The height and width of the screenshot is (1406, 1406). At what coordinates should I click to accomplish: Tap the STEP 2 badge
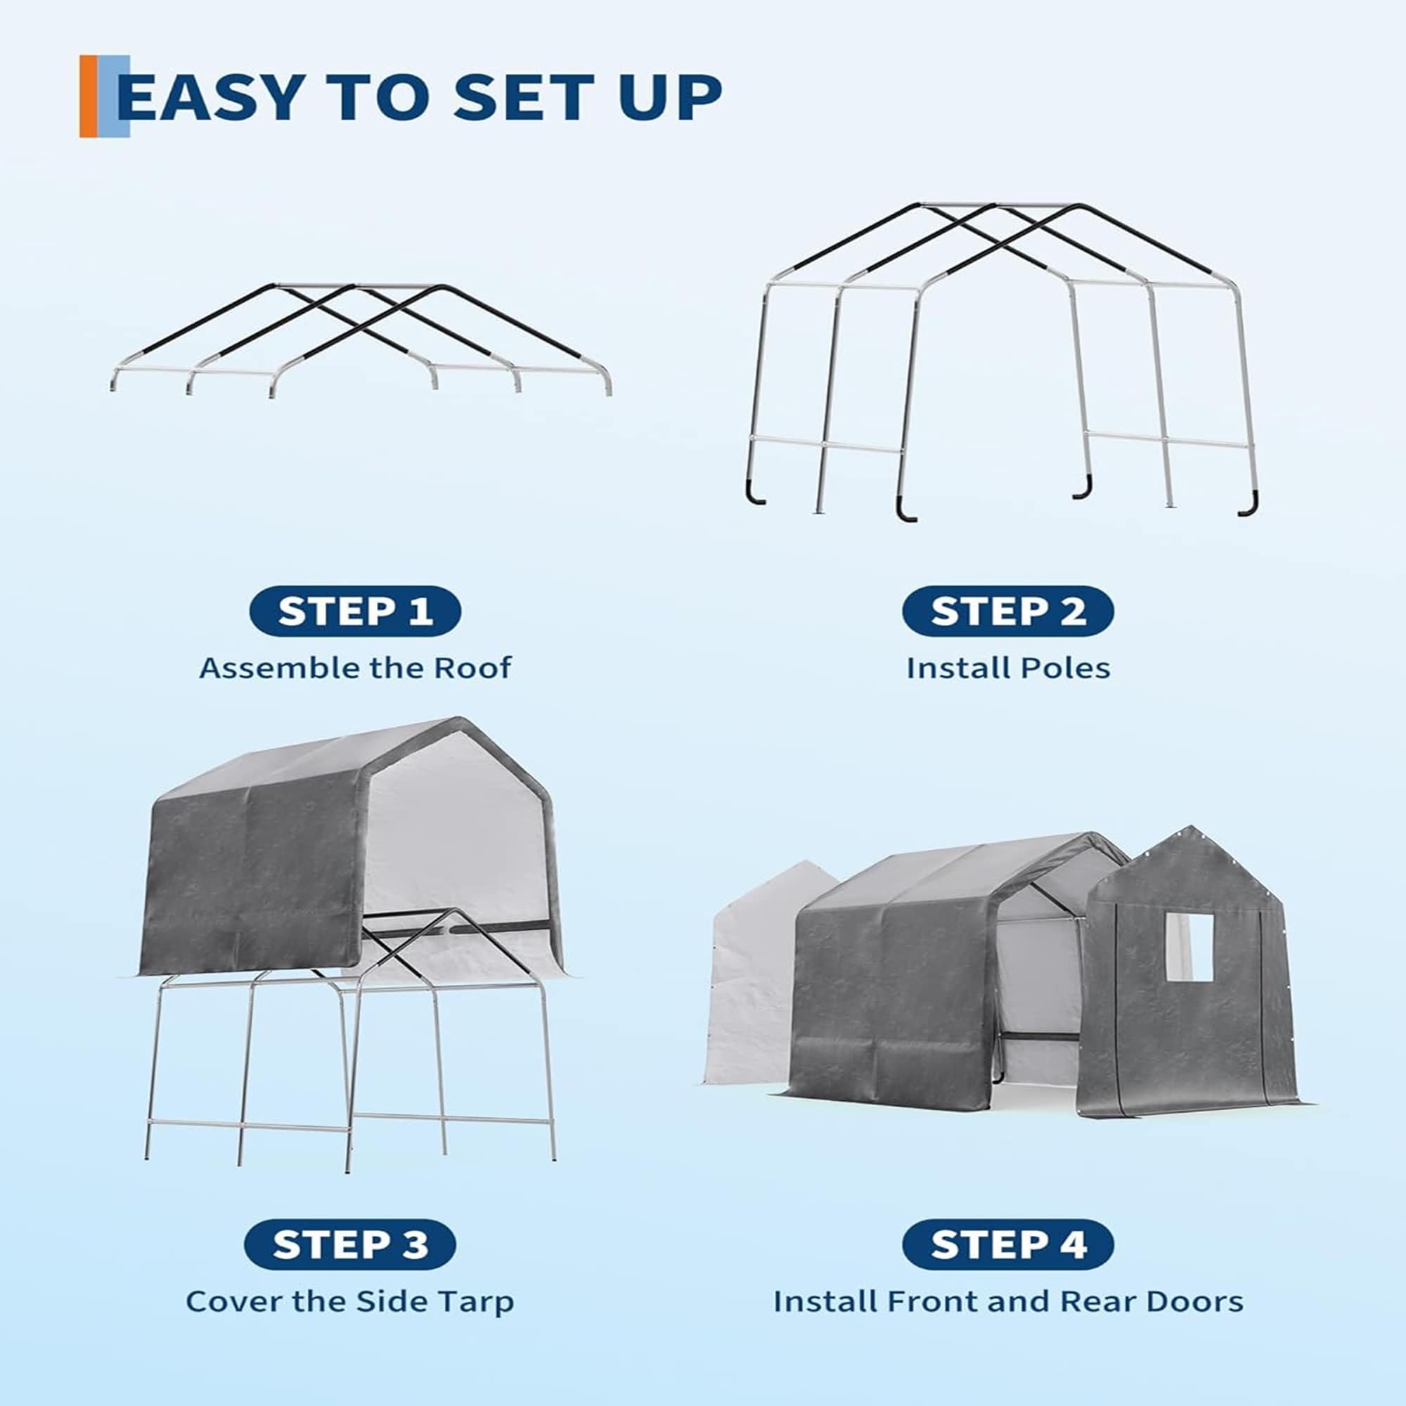click(1007, 611)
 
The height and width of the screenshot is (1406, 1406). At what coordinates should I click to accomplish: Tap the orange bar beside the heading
click(88, 96)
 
